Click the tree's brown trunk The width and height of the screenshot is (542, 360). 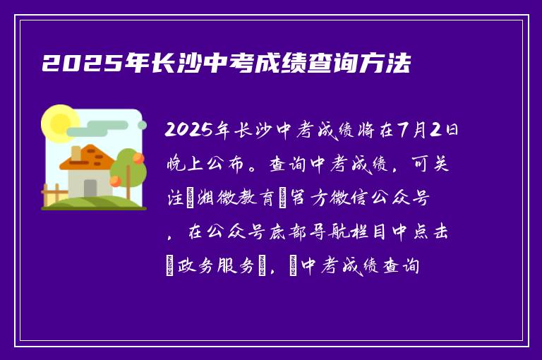128,188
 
